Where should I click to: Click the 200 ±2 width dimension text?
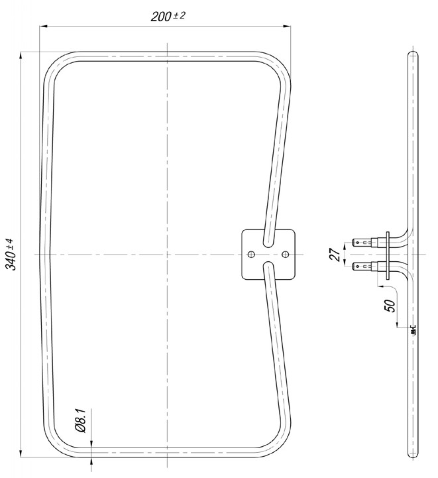pyautogui.click(x=168, y=16)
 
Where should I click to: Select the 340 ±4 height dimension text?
pyautogui.click(x=11, y=254)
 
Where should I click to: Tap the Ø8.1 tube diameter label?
pyautogui.click(x=82, y=421)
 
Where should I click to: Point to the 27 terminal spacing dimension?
pyautogui.click(x=335, y=255)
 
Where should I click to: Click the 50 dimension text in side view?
pyautogui.click(x=390, y=306)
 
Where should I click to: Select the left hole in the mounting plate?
pyautogui.click(x=251, y=254)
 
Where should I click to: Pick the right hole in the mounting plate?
pyautogui.click(x=286, y=254)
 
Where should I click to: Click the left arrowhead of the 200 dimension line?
pyautogui.click(x=44, y=27)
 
